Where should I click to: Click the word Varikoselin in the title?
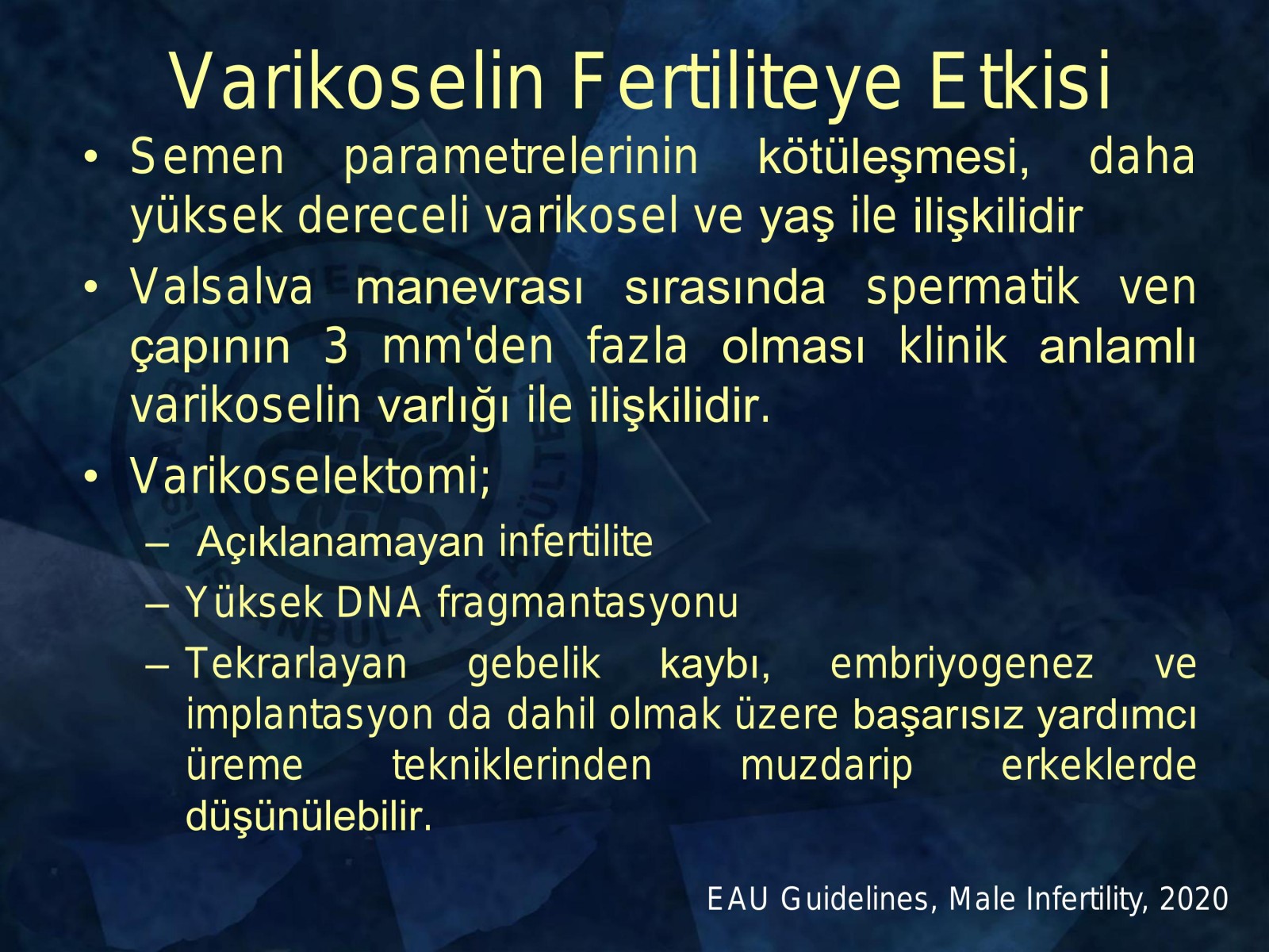357,82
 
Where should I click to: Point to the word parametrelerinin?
521,157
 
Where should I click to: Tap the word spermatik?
972,289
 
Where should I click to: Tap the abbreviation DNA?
378,603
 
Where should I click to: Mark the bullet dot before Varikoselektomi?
90,477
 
